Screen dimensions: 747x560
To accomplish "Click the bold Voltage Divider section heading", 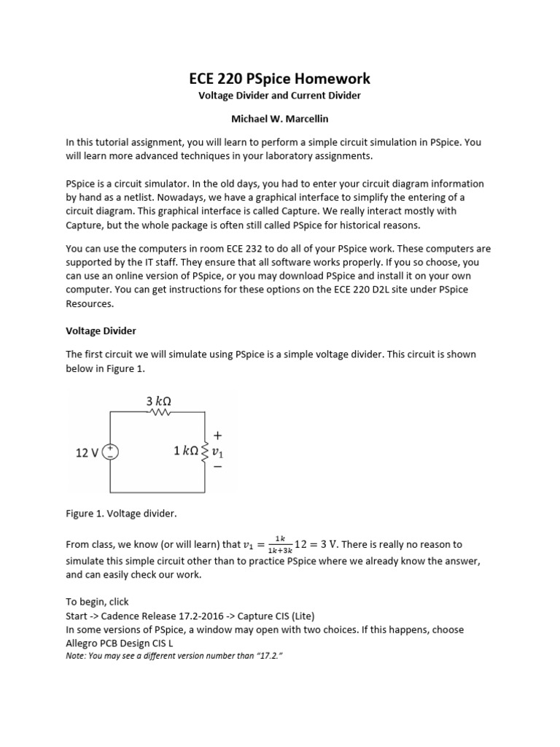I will pos(101,330).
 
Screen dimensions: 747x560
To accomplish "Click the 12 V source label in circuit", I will pos(87,452).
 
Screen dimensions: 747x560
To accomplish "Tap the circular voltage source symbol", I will pos(110,452).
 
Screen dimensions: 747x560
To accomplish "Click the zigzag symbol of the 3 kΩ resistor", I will pos(158,412).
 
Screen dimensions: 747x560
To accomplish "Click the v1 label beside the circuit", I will pos(217,452).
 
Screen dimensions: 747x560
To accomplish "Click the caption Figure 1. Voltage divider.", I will pos(121,514).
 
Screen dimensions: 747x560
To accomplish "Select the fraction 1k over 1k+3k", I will pos(280,545).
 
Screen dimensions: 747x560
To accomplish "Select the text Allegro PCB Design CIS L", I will pos(119,643).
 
